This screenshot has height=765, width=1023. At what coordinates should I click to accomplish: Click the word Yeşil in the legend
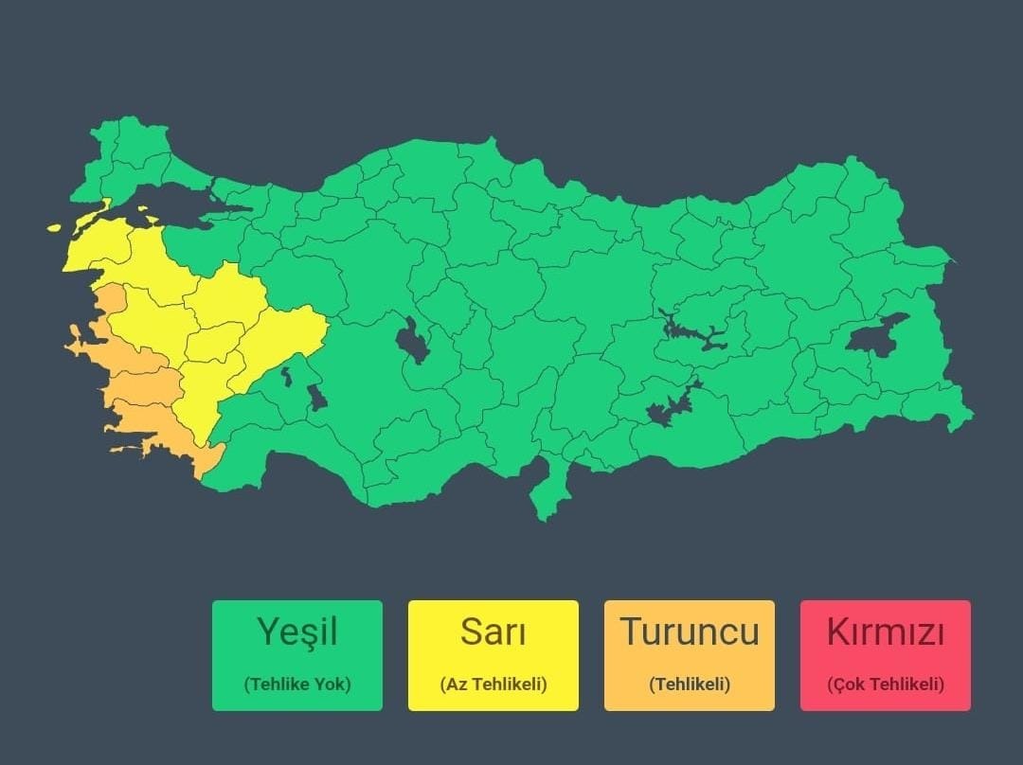coord(296,632)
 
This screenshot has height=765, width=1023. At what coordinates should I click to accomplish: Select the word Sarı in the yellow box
coord(493,632)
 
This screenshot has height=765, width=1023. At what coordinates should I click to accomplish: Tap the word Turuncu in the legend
coord(689,632)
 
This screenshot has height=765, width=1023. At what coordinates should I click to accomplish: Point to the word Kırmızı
coord(885,632)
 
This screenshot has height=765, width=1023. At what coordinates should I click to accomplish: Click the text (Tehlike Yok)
coord(296,684)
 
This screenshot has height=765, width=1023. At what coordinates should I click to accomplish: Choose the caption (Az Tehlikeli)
coord(493,684)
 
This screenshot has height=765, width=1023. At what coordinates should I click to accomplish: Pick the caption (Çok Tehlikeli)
coord(885,684)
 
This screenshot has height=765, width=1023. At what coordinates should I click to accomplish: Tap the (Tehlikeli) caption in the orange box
coord(689,684)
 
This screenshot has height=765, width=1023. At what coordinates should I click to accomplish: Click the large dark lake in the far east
coord(876,336)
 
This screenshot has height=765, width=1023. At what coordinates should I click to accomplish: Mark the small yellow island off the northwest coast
coord(54,228)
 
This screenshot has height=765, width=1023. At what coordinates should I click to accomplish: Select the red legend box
coord(885,655)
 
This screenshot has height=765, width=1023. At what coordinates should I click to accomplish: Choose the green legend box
coord(296,655)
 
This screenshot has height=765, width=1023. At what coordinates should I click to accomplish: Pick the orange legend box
coord(689,655)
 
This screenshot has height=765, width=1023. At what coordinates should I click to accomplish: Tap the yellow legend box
coord(493,655)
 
